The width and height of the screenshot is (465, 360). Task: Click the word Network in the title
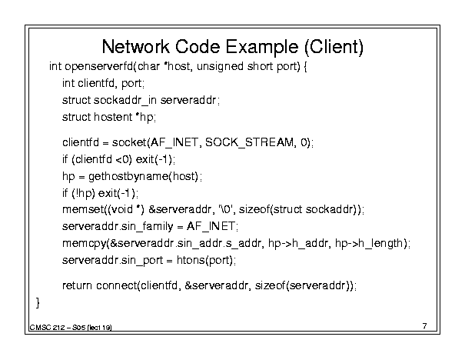(136, 47)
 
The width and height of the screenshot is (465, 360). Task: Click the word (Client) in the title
(334, 47)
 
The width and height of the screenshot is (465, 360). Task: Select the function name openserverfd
(98, 66)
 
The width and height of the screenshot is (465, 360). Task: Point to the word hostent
(113, 117)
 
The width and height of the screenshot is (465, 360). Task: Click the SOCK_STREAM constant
(249, 143)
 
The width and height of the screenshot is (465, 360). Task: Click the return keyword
(77, 286)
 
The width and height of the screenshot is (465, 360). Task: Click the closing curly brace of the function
(38, 303)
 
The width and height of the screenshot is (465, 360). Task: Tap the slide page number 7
(425, 326)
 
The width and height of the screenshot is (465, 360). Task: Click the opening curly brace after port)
(305, 66)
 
